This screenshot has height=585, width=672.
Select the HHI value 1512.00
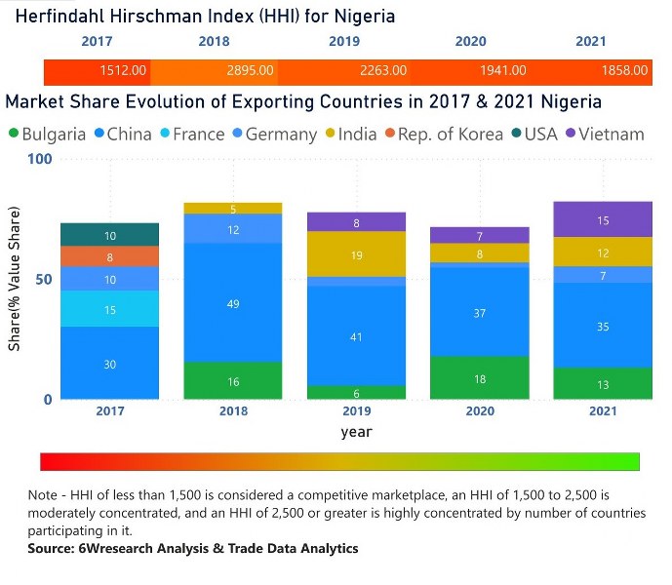124,71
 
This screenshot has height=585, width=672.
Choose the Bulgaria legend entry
46,135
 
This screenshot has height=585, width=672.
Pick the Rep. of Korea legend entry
449,135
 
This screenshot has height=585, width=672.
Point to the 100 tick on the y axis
38,158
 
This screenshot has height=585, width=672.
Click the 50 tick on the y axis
43,279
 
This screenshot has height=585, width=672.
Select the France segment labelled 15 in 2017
109,309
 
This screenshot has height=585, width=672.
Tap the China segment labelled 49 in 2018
233,303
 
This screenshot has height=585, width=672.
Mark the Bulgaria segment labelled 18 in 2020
481,378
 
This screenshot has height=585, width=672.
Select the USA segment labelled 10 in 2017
109,235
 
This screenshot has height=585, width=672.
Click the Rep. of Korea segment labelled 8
109,257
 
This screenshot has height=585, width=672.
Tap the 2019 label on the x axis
357,410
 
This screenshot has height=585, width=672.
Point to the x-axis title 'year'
356,431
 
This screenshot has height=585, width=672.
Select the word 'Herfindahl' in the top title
56,18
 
